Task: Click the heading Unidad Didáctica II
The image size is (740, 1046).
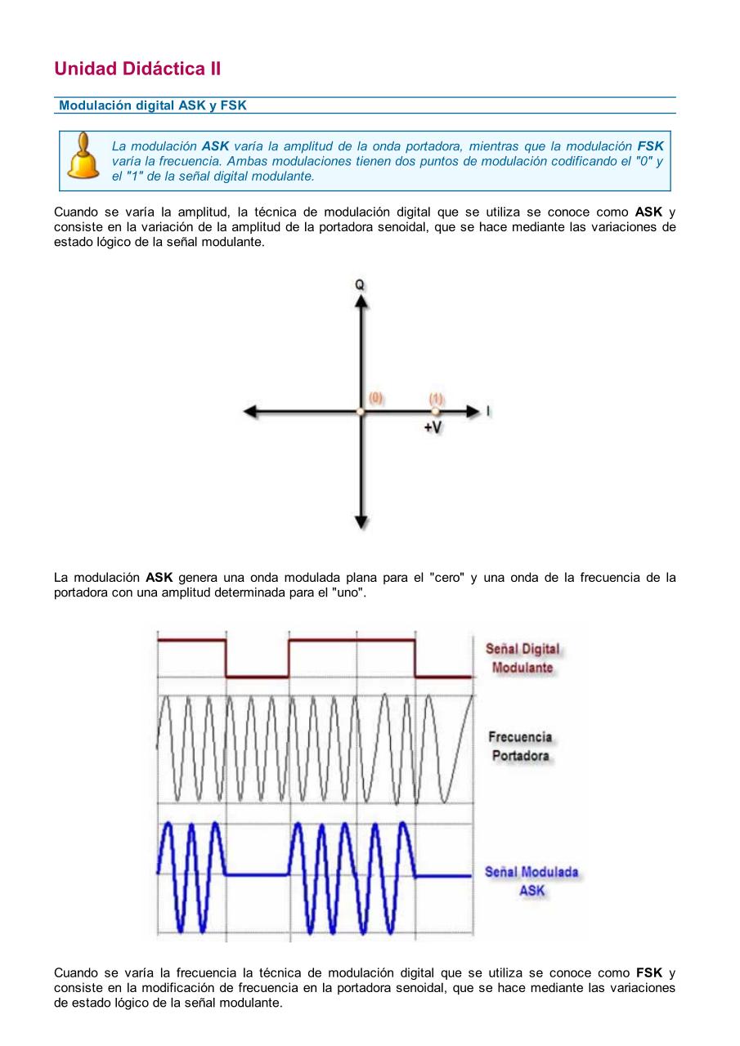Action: (x=137, y=69)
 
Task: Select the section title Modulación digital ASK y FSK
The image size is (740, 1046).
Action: (x=153, y=105)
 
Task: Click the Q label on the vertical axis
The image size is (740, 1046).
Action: (x=360, y=285)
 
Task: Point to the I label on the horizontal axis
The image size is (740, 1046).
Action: (x=488, y=411)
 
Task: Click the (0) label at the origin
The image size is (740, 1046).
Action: (x=376, y=398)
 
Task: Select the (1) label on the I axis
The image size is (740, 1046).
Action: (x=437, y=399)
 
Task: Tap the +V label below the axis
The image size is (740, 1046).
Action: (x=433, y=428)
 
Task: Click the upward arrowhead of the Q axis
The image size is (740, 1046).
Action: (x=361, y=301)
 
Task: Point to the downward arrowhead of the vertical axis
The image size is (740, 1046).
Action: (x=361, y=521)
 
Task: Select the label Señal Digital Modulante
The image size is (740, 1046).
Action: (x=522, y=658)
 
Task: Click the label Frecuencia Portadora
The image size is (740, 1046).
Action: (x=520, y=746)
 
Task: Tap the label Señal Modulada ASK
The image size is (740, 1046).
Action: (x=531, y=881)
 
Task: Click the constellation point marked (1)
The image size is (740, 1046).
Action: (x=436, y=412)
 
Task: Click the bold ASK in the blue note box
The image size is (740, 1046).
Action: (x=215, y=146)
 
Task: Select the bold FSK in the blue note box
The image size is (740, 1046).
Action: (x=650, y=146)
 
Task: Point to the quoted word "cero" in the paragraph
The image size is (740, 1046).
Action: (x=446, y=578)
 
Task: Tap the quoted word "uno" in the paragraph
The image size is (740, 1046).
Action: (x=348, y=592)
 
